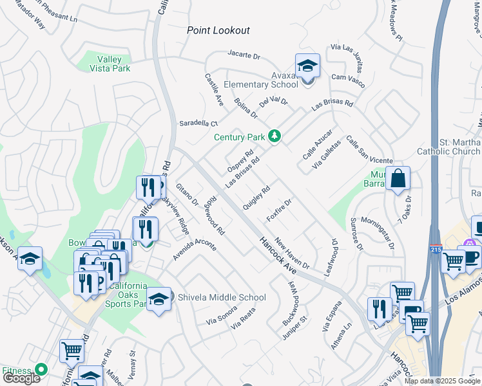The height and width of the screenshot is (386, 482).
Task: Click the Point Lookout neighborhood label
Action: [218, 30]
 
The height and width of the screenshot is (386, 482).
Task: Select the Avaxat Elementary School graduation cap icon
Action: [307, 66]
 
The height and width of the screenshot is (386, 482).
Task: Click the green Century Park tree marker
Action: [275, 136]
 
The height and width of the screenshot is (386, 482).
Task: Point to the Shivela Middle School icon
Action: [159, 299]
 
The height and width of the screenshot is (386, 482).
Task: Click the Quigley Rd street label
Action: [256, 198]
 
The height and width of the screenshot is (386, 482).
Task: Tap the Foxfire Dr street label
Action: [280, 210]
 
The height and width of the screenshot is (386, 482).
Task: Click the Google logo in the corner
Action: [21, 378]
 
